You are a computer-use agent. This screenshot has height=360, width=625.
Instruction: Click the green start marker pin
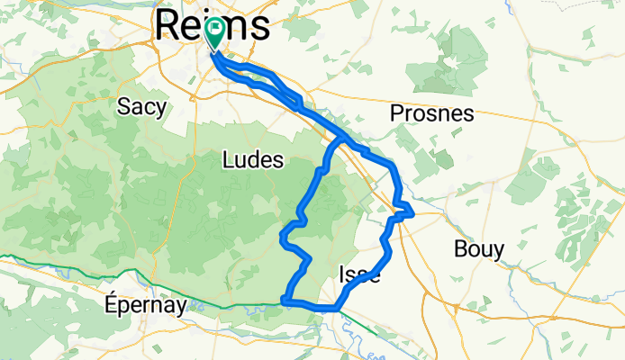tap(215, 34)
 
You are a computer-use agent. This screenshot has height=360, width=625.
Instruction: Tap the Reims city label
tap(213, 24)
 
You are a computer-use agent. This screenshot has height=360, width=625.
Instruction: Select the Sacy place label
tap(142, 107)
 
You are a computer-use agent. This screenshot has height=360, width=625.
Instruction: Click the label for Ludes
tap(252, 161)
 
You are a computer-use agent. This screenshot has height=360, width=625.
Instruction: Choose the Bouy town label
tap(479, 249)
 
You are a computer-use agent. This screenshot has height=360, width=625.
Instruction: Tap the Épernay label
tap(145, 305)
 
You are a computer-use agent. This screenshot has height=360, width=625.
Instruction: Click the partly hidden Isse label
tap(358, 275)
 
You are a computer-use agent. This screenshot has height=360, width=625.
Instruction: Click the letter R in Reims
tap(168, 24)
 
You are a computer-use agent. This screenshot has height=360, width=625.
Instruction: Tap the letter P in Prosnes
tap(397, 114)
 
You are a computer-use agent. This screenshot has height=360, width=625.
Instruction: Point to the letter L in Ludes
tap(226, 161)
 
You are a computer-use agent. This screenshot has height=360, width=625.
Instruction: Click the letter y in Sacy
tap(161, 109)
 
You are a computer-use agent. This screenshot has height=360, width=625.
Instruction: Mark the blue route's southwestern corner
tap(285, 299)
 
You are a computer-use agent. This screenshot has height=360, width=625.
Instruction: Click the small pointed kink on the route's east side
tap(412, 212)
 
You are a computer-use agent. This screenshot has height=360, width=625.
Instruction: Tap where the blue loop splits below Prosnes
tap(341, 141)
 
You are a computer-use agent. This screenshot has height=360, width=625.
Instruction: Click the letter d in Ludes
tap(252, 161)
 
